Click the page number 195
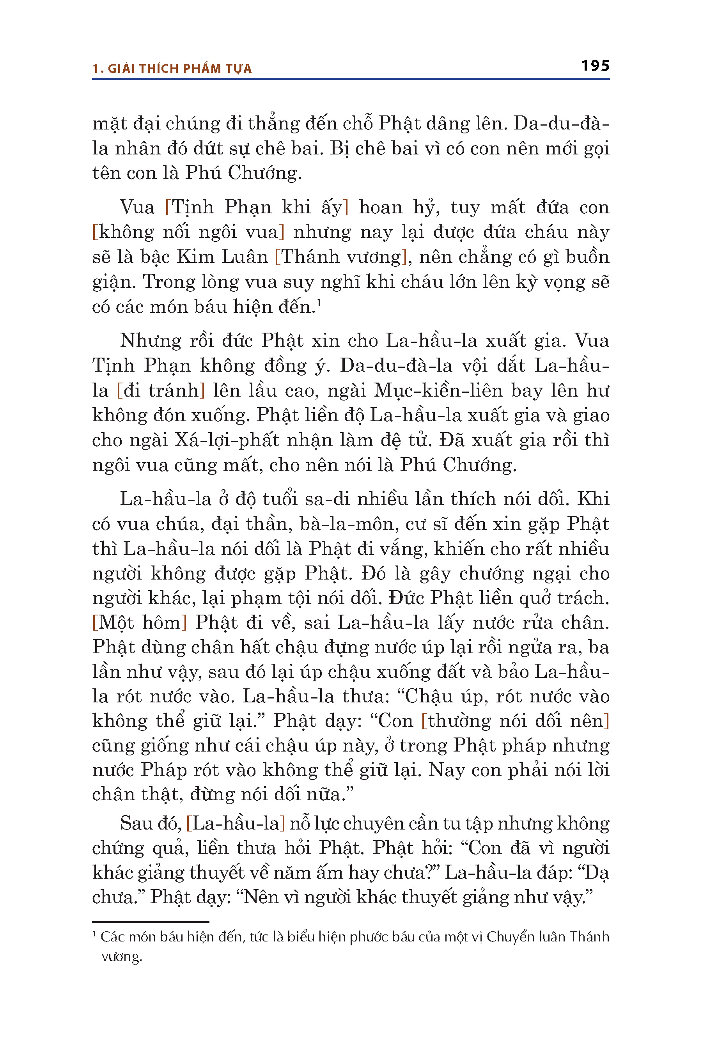click(595, 66)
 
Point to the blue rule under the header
click(351, 79)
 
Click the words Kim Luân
click(222, 257)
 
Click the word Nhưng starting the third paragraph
click(151, 341)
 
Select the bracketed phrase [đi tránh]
click(161, 390)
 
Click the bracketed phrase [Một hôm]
click(139, 623)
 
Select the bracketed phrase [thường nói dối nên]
click(515, 721)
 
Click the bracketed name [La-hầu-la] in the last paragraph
click(236, 823)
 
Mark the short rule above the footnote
click(151, 922)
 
